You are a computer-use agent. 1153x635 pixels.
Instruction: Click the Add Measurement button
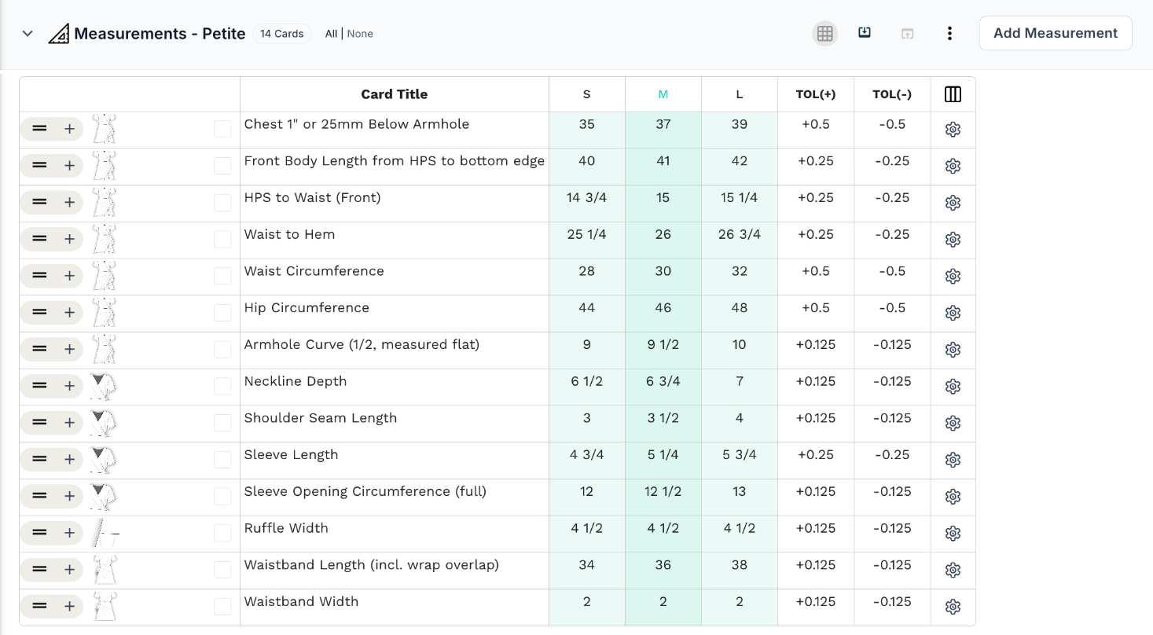click(1056, 34)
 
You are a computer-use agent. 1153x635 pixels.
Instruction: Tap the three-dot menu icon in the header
click(949, 34)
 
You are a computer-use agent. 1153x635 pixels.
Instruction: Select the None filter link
click(360, 34)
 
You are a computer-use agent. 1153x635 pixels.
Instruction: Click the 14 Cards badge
click(281, 34)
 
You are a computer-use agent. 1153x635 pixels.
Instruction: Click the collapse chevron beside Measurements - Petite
click(28, 34)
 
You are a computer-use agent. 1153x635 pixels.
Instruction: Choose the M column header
click(663, 94)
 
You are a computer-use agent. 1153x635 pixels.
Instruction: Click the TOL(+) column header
click(816, 94)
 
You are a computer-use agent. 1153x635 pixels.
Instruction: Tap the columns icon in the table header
click(953, 94)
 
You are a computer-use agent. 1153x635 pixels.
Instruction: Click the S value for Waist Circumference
click(587, 271)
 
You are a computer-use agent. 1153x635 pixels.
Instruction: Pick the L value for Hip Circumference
click(739, 308)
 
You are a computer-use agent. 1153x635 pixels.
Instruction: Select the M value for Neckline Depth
click(663, 381)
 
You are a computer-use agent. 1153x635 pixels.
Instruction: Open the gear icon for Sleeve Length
click(953, 460)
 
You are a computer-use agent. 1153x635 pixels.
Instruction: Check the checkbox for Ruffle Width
click(222, 533)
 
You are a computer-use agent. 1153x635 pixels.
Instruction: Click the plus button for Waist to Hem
click(69, 239)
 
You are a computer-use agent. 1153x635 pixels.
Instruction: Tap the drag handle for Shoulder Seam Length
click(39, 422)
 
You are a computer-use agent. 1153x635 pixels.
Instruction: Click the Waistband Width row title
click(301, 601)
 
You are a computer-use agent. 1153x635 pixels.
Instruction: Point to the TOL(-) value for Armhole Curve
click(892, 345)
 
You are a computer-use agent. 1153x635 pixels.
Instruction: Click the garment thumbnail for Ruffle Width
click(105, 533)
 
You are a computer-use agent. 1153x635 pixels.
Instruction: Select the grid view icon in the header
click(824, 34)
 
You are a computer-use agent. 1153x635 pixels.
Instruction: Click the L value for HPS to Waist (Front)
click(739, 197)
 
